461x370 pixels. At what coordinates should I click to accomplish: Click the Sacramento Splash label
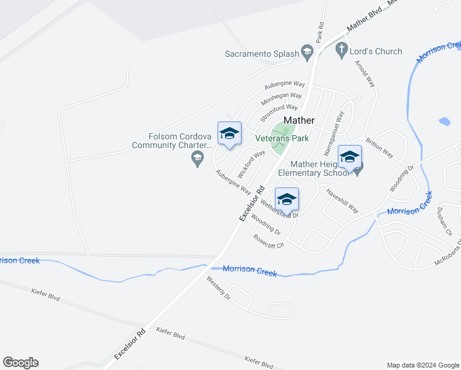[x=262, y=54]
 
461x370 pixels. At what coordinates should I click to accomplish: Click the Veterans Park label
[x=283, y=139]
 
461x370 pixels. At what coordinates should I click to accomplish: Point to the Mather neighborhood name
[x=299, y=120]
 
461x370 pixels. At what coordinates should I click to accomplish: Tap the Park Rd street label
[x=320, y=33]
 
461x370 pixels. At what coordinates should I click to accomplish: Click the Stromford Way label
[x=279, y=112]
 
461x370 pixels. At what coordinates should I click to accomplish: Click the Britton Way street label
[x=379, y=147]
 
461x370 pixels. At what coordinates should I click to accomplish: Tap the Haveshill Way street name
[x=342, y=200]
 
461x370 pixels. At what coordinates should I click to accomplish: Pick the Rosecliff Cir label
[x=268, y=240]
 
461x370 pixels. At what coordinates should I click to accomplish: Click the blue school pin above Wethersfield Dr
[x=287, y=200]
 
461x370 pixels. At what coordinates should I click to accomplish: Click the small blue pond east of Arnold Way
[x=444, y=121]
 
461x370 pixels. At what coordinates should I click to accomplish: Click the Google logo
[x=20, y=363]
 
